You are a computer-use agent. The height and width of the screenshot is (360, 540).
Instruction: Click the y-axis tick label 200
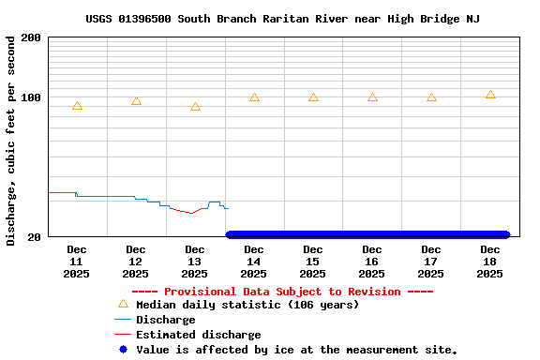coord(31,37)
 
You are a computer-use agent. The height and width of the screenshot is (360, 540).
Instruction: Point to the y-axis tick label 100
coord(31,98)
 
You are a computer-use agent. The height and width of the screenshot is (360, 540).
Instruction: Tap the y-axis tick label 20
coord(34,237)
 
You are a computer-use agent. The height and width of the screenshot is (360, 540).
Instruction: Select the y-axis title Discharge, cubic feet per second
coord(11,141)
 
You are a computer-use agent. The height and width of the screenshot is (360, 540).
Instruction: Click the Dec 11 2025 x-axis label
coord(77,262)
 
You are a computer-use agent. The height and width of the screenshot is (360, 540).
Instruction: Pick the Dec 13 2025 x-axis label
coord(195,262)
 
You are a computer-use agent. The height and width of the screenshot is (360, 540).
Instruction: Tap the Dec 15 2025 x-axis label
coord(313,262)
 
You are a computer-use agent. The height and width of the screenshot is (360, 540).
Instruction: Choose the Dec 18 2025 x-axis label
coord(490,262)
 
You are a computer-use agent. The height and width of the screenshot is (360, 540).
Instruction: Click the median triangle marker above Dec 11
coord(77,106)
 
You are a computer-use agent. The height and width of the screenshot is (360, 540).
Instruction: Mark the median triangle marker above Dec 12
coord(136,100)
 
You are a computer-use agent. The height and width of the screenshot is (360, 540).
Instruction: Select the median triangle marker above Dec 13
coord(195,107)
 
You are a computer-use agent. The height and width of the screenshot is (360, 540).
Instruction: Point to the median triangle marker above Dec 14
coord(254,97)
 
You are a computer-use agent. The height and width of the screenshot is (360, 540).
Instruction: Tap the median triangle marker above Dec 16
coord(372,97)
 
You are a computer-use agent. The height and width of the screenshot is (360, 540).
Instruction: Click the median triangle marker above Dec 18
coord(490,95)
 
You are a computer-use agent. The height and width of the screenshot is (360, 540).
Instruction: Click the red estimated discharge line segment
coord(187,212)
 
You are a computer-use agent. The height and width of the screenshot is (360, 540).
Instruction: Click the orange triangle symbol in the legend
coord(123,304)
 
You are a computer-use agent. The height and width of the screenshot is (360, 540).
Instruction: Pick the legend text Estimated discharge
coord(199,335)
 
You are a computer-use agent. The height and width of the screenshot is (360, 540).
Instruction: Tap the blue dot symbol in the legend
coord(123,350)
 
